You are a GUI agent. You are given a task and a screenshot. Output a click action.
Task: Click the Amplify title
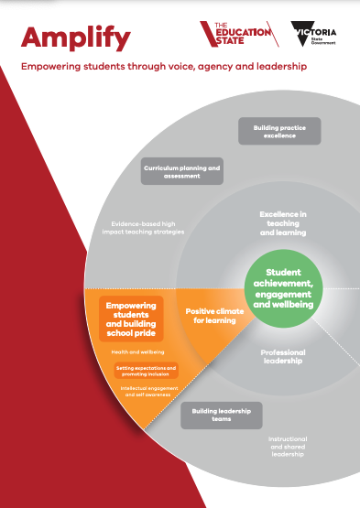point(77,38)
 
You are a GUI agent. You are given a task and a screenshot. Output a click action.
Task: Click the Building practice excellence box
point(279,131)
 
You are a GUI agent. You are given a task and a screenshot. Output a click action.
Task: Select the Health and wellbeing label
point(131,351)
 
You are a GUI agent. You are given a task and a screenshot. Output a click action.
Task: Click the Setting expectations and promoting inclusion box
point(146,370)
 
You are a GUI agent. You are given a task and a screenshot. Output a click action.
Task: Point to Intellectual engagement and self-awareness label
point(149,391)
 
